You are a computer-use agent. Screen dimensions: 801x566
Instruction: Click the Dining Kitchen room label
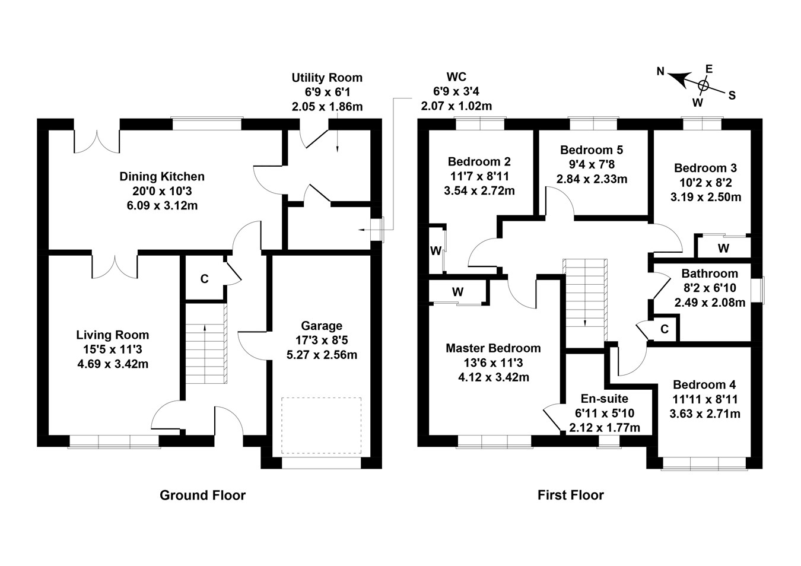[162, 176]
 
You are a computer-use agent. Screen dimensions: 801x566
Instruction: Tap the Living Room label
[113, 335]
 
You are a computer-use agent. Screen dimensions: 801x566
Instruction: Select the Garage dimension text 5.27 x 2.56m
[321, 355]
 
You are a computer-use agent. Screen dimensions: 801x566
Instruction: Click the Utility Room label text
[326, 78]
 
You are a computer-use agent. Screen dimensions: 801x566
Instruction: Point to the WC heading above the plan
[456, 77]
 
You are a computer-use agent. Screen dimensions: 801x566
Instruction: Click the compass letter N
[660, 72]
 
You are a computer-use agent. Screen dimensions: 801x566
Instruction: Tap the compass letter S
[732, 95]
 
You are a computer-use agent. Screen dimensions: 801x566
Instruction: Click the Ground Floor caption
[202, 495]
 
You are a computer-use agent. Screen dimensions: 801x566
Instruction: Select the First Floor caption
[570, 495]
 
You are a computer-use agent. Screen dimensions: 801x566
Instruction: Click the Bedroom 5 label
[592, 150]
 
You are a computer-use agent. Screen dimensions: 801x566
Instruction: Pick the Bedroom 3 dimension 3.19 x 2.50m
[705, 197]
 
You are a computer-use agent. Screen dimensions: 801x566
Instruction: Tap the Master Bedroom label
[493, 348]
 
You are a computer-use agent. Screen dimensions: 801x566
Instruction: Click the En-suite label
[604, 399]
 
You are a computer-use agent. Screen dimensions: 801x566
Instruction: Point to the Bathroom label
[710, 274]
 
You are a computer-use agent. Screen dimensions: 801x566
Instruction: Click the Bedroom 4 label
[704, 384]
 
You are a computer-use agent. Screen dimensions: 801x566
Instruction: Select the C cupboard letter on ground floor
[204, 279]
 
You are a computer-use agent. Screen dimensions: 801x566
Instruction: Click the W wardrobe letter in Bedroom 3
[723, 248]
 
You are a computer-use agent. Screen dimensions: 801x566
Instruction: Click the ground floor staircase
[206, 344]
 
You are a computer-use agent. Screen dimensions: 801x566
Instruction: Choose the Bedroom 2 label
[479, 161]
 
